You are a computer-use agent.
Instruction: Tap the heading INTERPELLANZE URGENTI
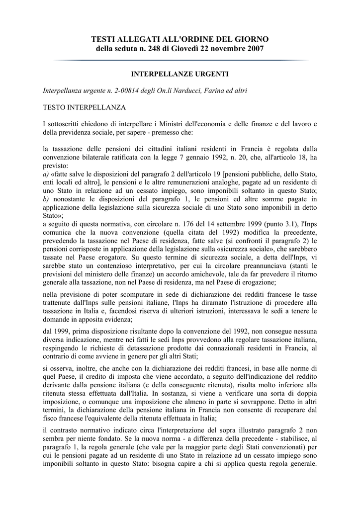180,74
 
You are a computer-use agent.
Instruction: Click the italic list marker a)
46,174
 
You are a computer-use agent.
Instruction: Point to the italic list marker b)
46,199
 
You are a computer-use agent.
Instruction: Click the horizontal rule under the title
180,61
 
